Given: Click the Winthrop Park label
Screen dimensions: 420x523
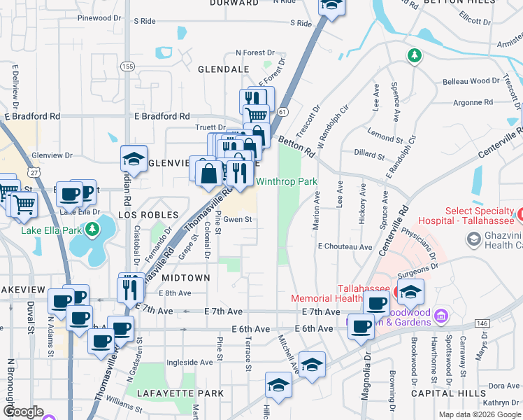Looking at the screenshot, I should click(x=286, y=181).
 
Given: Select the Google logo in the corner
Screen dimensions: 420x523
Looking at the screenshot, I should click(x=22, y=412).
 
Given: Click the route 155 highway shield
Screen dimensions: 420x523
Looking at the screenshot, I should click(x=127, y=66).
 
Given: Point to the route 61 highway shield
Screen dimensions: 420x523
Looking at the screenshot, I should click(x=282, y=111).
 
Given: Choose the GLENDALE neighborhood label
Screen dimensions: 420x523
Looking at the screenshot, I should click(x=224, y=70).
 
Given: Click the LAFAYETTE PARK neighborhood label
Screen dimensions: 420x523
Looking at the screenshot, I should click(x=180, y=393).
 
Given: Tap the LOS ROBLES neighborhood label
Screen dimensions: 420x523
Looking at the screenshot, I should click(x=148, y=214).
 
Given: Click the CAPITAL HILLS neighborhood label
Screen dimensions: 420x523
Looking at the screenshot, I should click(x=449, y=393).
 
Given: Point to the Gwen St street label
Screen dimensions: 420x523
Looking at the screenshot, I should click(x=237, y=219).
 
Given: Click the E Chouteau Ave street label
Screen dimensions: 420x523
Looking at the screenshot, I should click(x=345, y=246).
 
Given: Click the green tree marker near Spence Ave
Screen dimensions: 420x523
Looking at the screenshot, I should click(x=414, y=55).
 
